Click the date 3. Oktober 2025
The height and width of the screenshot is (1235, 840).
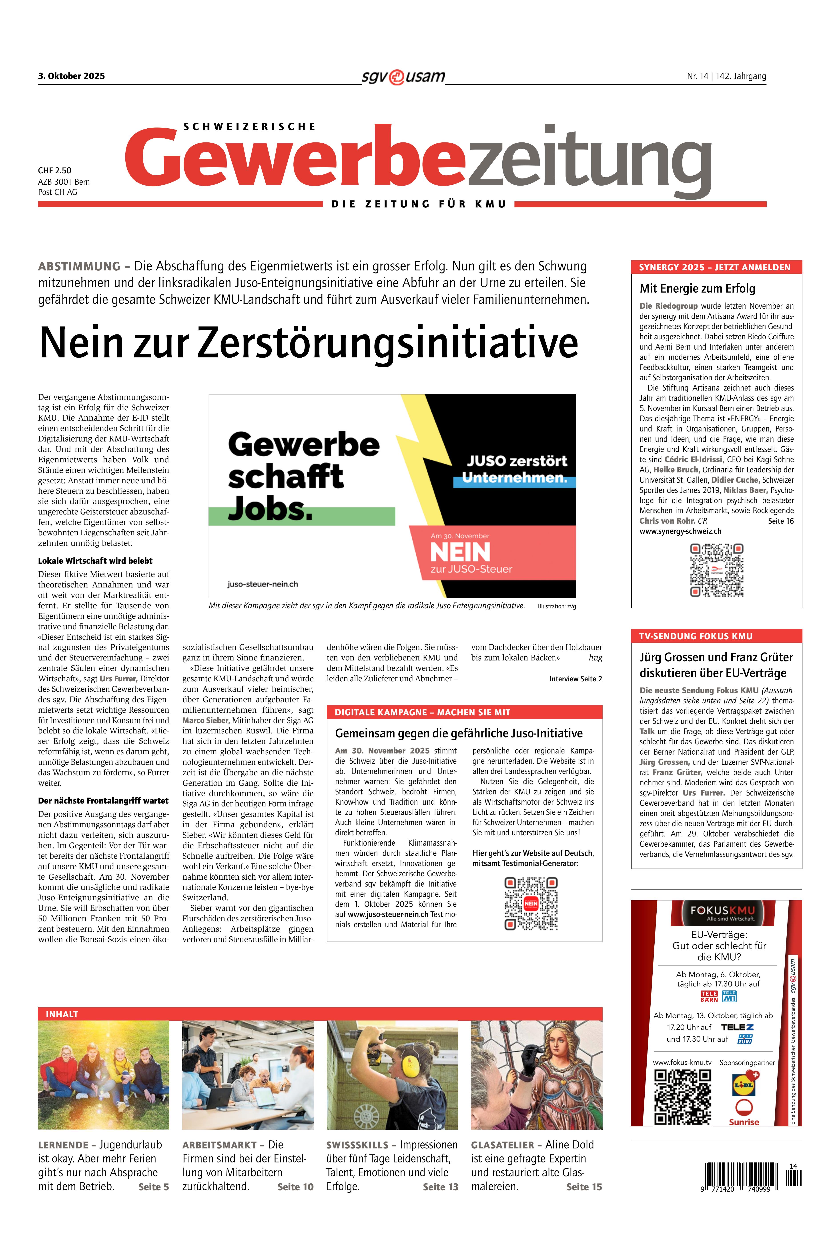click(71, 76)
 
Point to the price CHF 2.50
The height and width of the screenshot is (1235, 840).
click(55, 171)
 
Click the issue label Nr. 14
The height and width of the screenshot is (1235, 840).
click(697, 76)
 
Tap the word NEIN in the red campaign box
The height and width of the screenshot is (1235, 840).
click(460, 553)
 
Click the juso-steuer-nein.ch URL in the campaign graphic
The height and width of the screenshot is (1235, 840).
click(262, 584)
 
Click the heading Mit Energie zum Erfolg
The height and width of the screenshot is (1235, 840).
click(697, 289)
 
